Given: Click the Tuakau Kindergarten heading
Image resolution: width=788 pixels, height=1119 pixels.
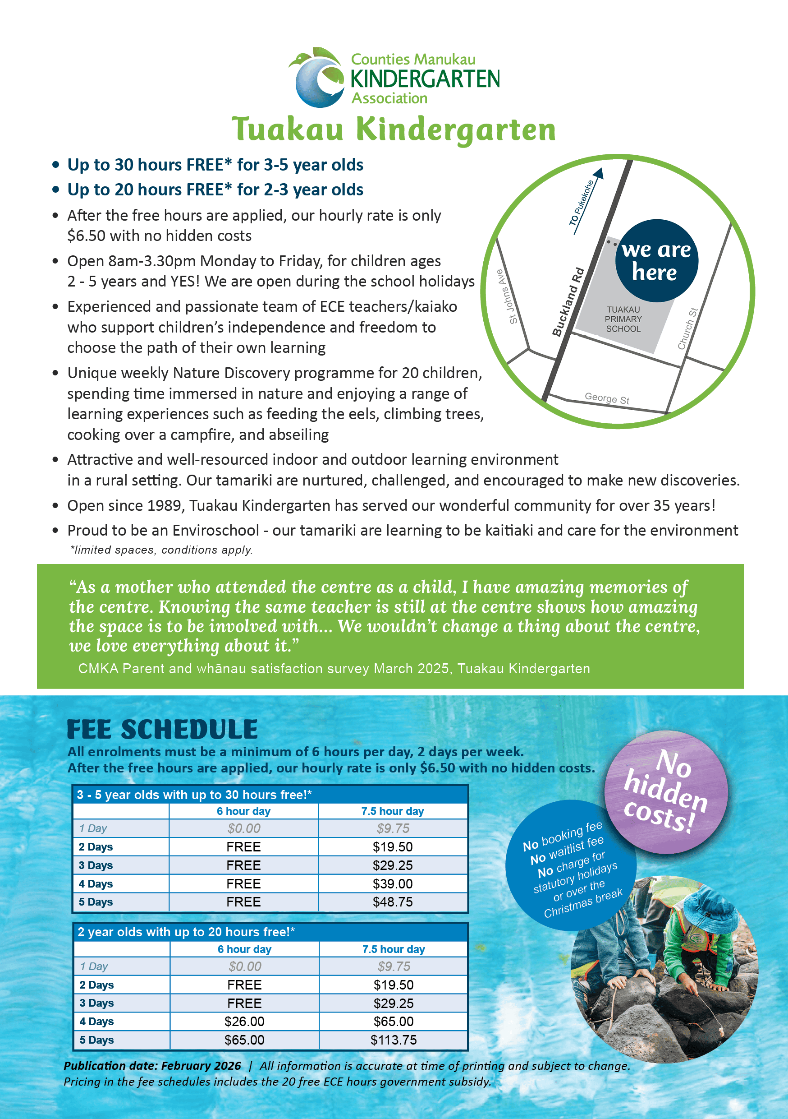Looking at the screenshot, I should (x=394, y=129).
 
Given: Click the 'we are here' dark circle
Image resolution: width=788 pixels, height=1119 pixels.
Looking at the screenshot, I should (x=656, y=261).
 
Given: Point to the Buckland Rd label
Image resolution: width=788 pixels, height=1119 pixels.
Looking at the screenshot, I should (x=568, y=302).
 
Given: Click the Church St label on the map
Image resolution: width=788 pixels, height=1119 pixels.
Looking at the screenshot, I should (x=687, y=328).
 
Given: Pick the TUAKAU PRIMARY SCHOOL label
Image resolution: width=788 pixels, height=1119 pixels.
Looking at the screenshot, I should (x=623, y=319).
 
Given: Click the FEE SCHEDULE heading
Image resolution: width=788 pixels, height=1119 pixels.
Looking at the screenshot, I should (x=162, y=730).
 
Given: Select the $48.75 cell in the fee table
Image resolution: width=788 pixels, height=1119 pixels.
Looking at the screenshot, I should (x=393, y=902).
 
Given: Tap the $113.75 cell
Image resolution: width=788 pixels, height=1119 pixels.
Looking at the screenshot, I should (x=394, y=1040).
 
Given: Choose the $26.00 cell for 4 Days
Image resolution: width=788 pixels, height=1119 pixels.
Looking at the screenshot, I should (x=244, y=1022).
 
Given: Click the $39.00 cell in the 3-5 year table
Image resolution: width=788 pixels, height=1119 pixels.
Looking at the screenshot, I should (x=393, y=883).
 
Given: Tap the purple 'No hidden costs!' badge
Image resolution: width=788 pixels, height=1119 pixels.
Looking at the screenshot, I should (x=666, y=791).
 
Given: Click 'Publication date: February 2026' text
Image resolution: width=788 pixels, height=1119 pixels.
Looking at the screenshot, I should (x=152, y=1066).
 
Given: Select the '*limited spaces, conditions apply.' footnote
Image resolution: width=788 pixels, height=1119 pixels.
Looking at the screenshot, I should (x=162, y=550).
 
